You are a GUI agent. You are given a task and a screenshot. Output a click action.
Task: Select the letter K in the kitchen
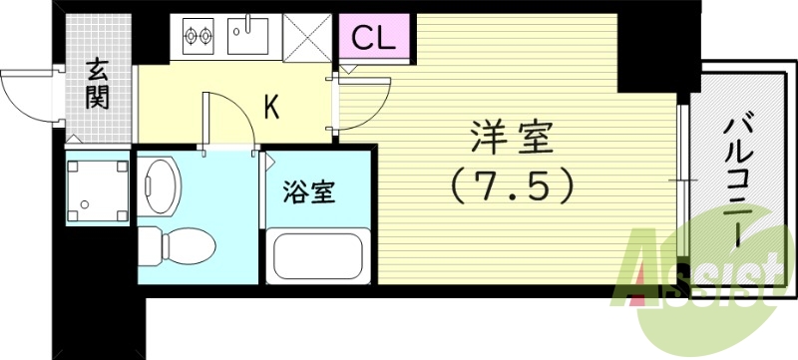point(270,107)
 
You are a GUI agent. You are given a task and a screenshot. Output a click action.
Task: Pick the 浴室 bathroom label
point(308,190)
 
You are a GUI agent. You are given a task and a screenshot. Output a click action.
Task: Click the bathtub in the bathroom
point(316,257)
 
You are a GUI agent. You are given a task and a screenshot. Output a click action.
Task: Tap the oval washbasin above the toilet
point(160,183)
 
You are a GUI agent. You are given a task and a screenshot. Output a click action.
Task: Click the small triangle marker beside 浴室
point(268,160)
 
